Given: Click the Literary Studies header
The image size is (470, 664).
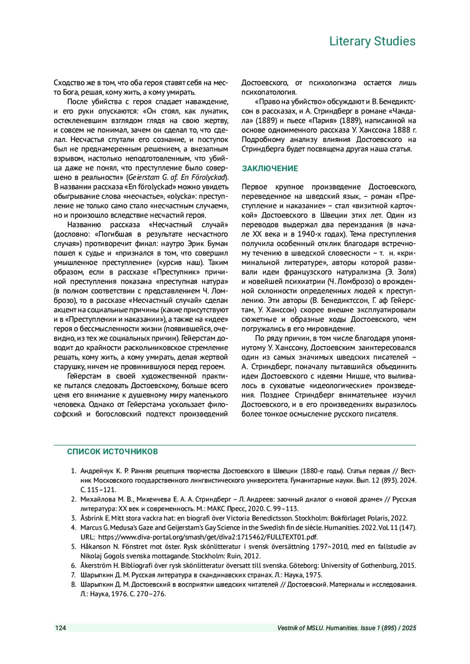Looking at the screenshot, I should (x=372, y=41).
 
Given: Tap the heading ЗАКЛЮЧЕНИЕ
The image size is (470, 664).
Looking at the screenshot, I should (x=270, y=169).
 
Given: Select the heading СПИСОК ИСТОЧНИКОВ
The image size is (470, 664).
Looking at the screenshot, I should (x=112, y=452).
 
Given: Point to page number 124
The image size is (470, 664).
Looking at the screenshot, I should (x=61, y=628).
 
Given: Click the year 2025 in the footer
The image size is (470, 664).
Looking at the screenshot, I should (x=409, y=628).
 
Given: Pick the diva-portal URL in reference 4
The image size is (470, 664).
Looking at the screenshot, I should (x=208, y=537).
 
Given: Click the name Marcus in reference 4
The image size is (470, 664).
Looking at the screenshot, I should (x=90, y=528).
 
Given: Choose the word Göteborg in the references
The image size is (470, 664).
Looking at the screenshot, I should (x=305, y=565).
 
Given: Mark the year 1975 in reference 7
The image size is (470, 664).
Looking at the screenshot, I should (x=314, y=575).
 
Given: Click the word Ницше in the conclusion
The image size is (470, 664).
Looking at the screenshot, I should (x=358, y=376).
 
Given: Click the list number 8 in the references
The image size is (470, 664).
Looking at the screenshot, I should (x=73, y=585).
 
